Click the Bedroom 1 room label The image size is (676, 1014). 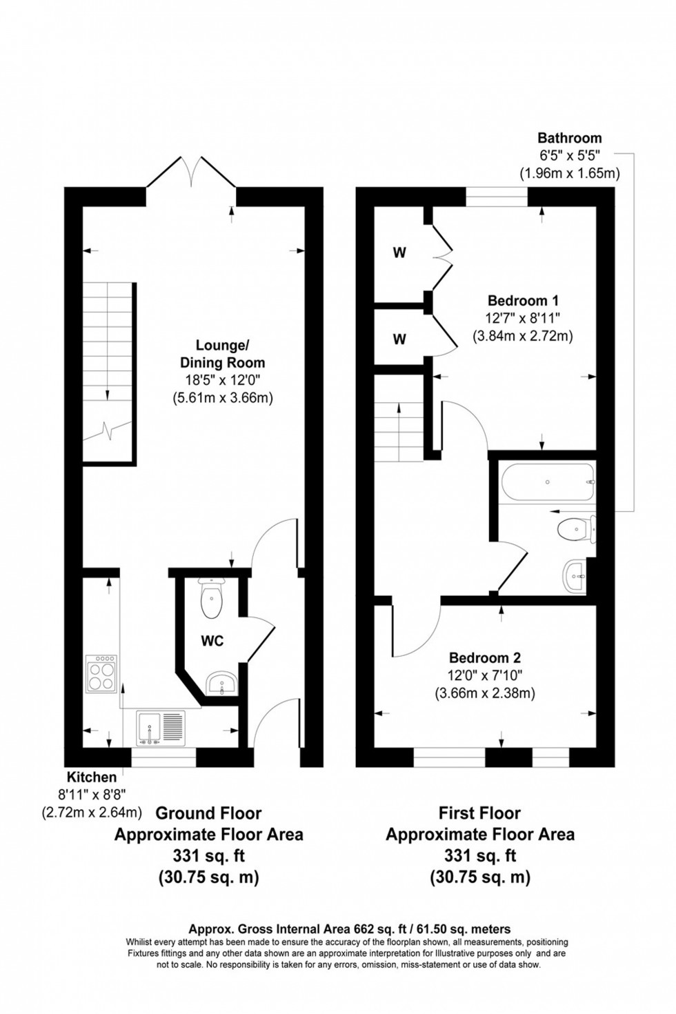pyautogui.click(x=523, y=301)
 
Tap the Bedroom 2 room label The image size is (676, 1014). pyautogui.click(x=485, y=657)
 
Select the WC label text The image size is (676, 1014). pyautogui.click(x=212, y=641)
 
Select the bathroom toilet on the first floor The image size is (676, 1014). pyautogui.click(x=575, y=530)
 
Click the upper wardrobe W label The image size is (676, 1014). pyautogui.click(x=399, y=252)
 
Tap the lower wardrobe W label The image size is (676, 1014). pyautogui.click(x=399, y=339)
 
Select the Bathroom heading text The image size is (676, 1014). pyautogui.click(x=570, y=138)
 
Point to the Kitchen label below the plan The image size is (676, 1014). pyautogui.click(x=92, y=778)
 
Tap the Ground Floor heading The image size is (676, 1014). pyautogui.click(x=208, y=813)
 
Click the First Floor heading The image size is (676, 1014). pyautogui.click(x=479, y=813)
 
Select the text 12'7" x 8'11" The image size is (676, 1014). pyautogui.click(x=522, y=319)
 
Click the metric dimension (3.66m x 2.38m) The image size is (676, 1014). pyautogui.click(x=485, y=693)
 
